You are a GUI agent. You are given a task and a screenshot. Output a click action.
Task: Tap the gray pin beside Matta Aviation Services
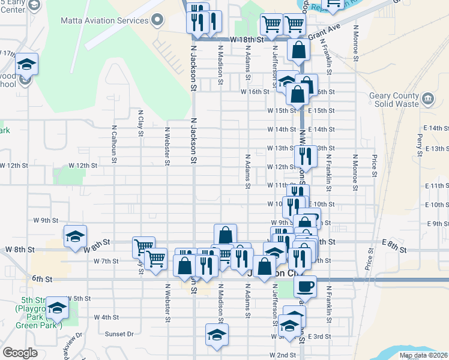click(x=158, y=20)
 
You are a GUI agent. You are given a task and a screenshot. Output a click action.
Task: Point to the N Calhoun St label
click(x=113, y=144)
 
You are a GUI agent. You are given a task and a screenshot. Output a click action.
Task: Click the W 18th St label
click(x=247, y=40)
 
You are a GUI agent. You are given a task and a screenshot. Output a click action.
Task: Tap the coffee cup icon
click(x=306, y=286)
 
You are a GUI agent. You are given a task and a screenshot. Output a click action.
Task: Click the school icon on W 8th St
click(x=76, y=236)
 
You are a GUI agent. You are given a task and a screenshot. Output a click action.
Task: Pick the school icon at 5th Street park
click(x=58, y=307)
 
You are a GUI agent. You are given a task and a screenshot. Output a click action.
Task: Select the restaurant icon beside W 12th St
click(x=306, y=156)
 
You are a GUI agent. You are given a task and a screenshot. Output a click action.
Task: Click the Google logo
click(x=20, y=353)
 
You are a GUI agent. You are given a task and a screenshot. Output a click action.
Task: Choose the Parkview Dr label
click(x=71, y=347)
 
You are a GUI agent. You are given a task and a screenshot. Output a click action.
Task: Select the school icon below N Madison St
click(x=217, y=334)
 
